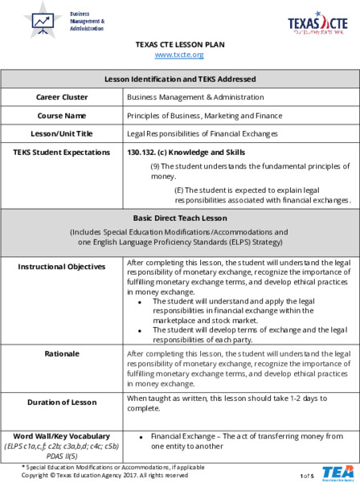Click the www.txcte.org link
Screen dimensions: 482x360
[179, 55]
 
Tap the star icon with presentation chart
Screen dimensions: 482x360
[43, 20]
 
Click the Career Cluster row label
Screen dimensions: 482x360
[62, 97]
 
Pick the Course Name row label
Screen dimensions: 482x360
[62, 115]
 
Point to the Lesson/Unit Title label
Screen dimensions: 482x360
[62, 133]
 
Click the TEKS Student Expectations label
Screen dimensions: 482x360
[62, 152]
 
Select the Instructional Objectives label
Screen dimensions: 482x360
[62, 265]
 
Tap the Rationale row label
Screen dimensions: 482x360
[62, 353]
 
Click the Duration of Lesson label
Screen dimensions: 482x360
[62, 402]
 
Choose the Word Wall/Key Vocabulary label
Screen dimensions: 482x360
[62, 435]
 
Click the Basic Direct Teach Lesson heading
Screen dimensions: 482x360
[179, 218]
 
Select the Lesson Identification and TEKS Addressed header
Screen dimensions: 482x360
[179, 80]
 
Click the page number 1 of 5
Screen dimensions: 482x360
[307, 476]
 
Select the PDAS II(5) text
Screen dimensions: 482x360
[62, 455]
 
